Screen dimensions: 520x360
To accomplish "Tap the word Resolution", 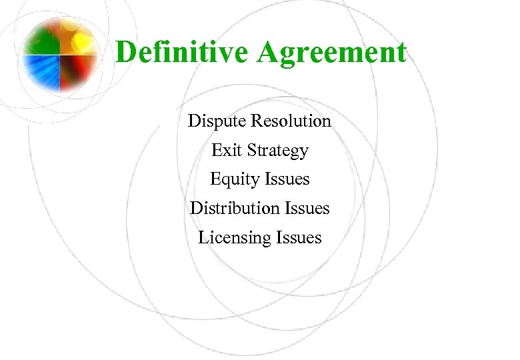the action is (x=291, y=121).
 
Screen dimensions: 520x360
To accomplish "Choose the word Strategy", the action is (x=278, y=151).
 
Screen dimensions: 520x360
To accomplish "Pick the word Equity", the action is (x=235, y=180).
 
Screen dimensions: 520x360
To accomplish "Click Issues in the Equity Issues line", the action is (x=287, y=179).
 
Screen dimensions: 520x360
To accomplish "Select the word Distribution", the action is (x=233, y=209).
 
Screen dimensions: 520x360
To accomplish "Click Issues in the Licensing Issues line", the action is (x=299, y=237).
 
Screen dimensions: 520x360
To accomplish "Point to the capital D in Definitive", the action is (x=125, y=53).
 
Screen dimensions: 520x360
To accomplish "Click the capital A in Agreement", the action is (x=269, y=53).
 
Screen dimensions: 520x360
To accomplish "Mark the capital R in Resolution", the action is (x=257, y=121).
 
